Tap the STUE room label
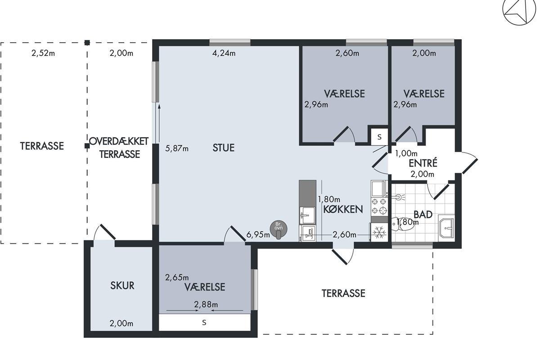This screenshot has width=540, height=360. point(224,148)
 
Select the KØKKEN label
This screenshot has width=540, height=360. point(343,209)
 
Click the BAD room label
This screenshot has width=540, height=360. point(423,214)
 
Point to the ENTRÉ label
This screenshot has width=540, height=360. point(423,163)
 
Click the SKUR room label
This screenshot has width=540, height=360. point(122,285)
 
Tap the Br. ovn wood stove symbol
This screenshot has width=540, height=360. point(279,229)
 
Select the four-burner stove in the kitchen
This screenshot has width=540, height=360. point(379,206)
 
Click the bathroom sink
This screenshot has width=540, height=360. point(446,228)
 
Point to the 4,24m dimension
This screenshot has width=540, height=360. point(224,53)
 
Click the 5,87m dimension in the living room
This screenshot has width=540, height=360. point(177,148)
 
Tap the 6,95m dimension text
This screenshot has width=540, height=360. point(258,234)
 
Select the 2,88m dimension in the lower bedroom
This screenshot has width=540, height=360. point(206,305)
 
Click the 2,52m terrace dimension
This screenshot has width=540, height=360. point(43,53)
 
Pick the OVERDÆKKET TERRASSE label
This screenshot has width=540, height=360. point(119,148)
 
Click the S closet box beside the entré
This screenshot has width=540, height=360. point(379,137)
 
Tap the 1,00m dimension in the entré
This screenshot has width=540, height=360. point(406,153)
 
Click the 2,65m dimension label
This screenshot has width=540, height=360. point(177,278)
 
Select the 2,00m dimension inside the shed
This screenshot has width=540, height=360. point(121,324)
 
